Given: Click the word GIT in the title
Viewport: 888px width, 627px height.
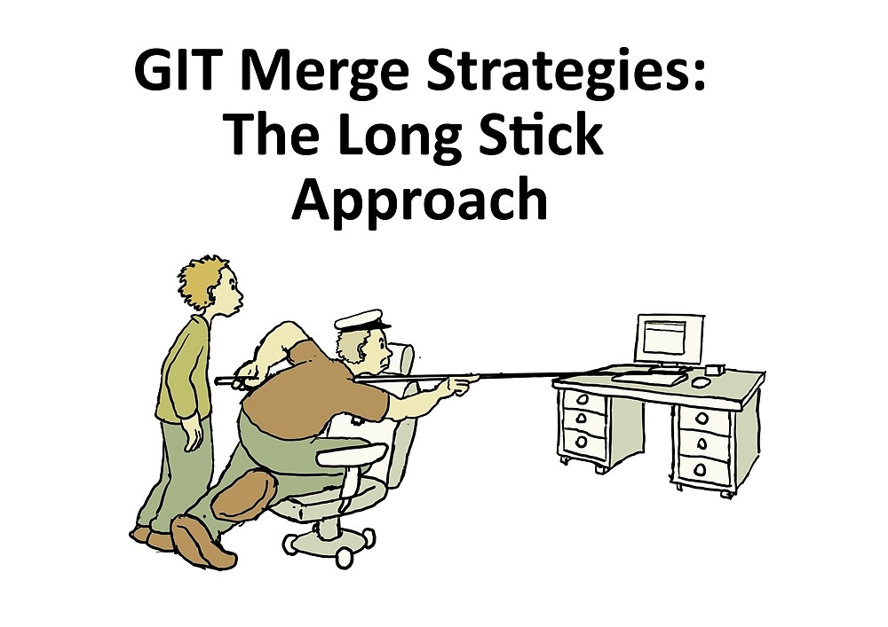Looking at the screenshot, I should [x=181, y=71].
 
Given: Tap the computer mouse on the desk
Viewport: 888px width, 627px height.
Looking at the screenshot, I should [x=700, y=381].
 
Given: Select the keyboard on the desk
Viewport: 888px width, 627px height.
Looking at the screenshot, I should [x=648, y=378].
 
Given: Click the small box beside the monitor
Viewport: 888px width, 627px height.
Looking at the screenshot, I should [x=715, y=368].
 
